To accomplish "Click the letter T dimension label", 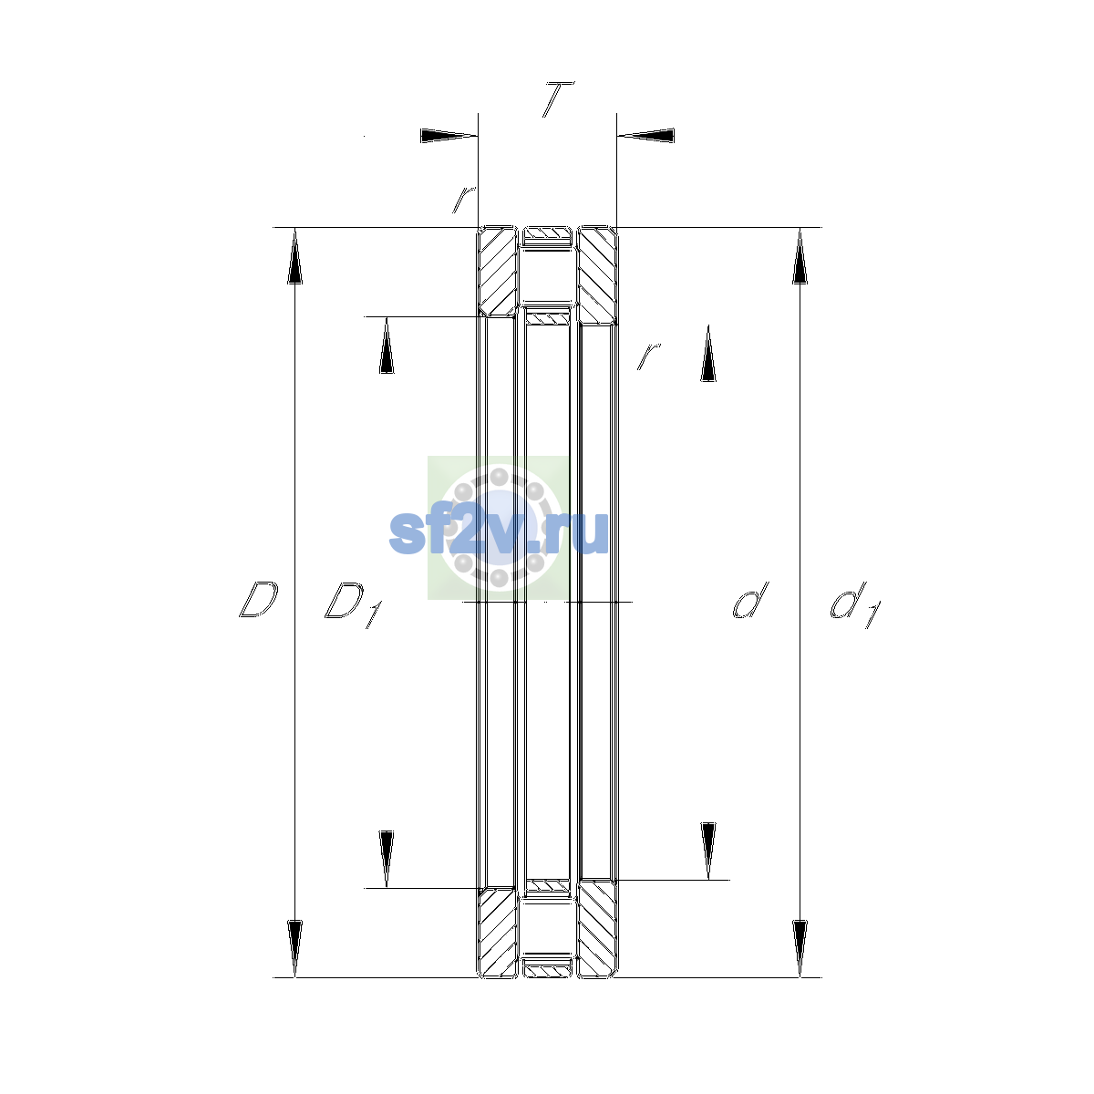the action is [558, 99].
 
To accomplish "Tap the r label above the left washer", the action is [464, 199].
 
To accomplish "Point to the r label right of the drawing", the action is [648, 356].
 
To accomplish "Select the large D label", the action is [258, 599].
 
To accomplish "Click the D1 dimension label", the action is [354, 604].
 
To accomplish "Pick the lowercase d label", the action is [750, 600].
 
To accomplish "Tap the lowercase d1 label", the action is [855, 604].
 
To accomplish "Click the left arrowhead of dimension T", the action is [449, 136].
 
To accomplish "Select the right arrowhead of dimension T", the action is [646, 136].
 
